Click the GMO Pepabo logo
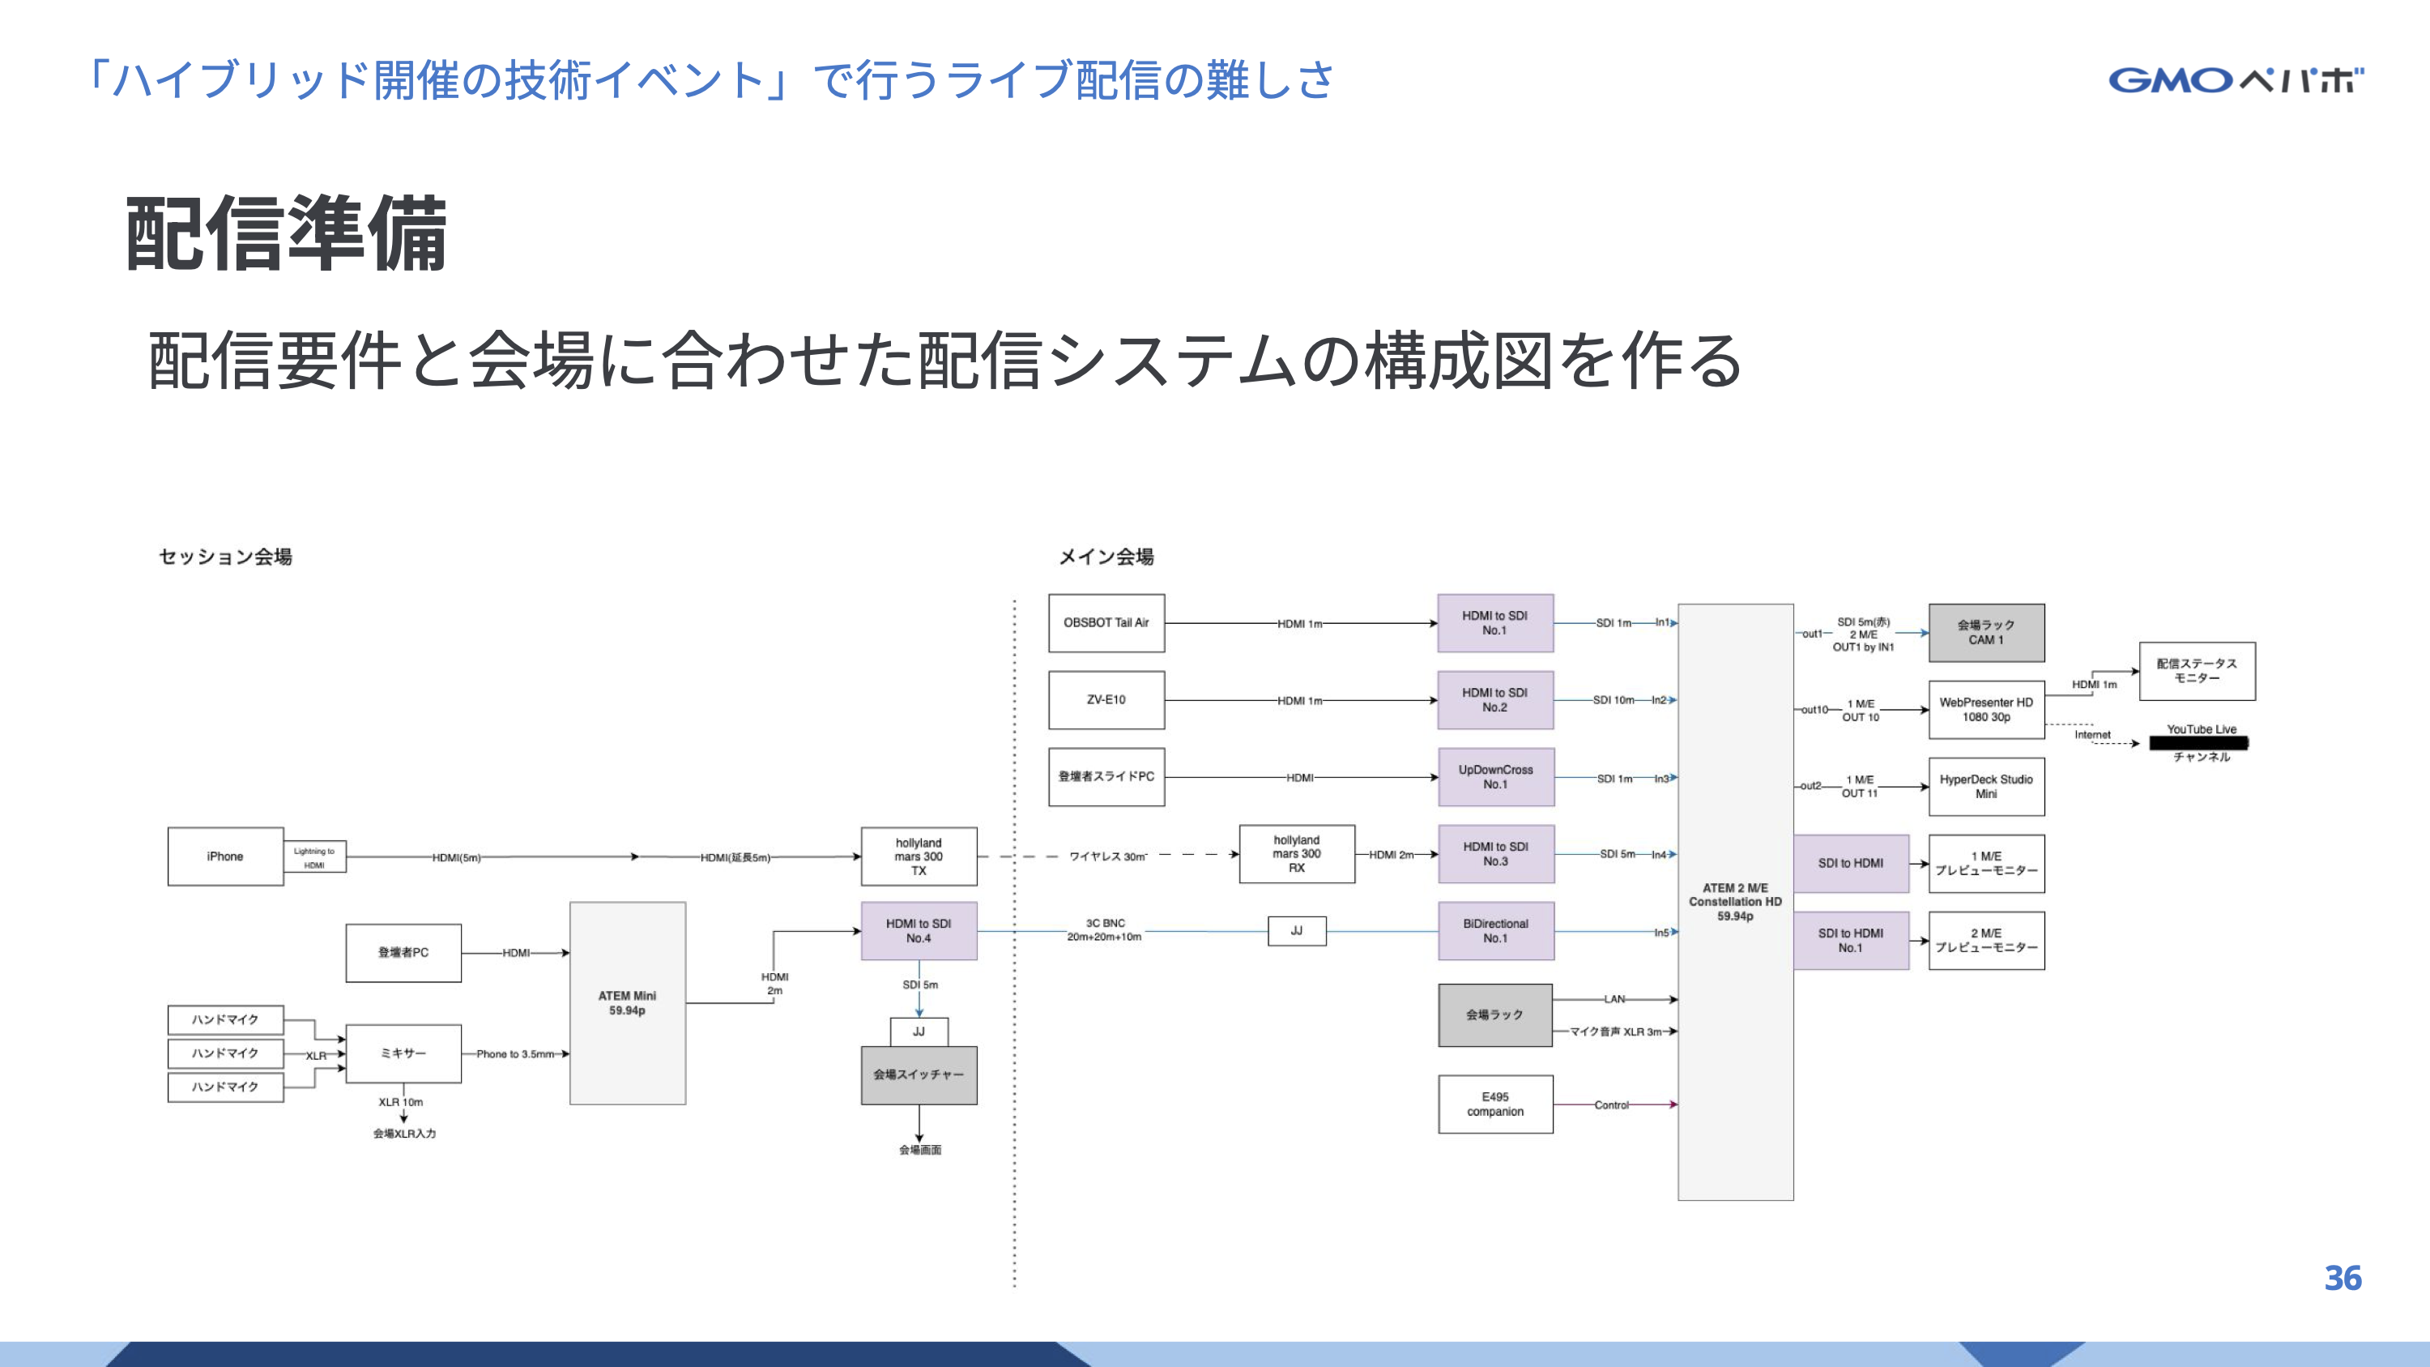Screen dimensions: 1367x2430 point(2235,79)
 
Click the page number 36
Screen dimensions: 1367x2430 point(2343,1279)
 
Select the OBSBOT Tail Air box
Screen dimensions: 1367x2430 point(1106,622)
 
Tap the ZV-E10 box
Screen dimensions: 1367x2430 point(1106,700)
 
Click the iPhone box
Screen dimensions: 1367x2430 point(224,857)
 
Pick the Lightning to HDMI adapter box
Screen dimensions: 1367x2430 point(314,857)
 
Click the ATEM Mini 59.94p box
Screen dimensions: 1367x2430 point(627,1003)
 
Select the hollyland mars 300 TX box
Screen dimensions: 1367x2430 point(919,857)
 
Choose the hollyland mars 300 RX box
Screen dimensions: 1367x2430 point(1296,854)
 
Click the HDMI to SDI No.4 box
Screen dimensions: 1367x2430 point(919,931)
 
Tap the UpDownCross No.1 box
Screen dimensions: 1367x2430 point(1495,777)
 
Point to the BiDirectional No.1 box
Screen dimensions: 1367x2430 point(1495,931)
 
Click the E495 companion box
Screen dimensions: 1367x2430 point(1495,1104)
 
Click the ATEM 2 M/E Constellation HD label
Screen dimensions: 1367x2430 point(1735,902)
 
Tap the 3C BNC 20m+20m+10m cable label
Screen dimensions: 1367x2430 point(1105,930)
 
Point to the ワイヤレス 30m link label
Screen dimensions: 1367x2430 point(1107,857)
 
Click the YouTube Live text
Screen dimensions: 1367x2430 point(2201,729)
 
